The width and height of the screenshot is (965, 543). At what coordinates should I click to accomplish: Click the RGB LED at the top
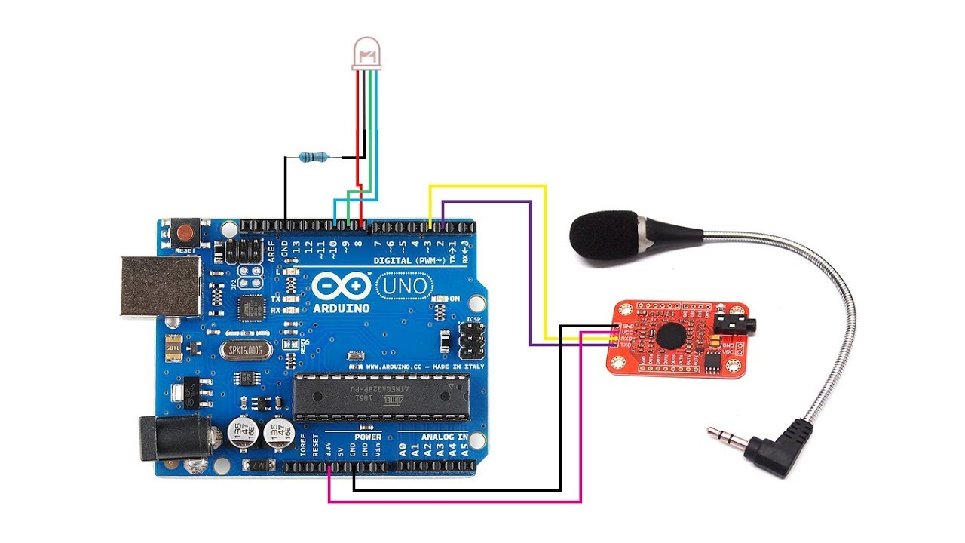tap(366, 55)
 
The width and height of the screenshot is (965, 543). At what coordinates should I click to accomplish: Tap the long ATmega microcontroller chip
tap(380, 396)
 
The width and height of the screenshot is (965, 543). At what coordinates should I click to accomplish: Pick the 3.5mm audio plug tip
tap(712, 431)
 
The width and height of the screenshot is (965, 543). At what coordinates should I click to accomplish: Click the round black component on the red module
tap(668, 336)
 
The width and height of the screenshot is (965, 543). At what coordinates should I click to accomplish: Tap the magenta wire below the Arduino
tap(452, 502)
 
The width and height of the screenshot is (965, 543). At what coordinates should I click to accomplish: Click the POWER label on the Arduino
tap(368, 437)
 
